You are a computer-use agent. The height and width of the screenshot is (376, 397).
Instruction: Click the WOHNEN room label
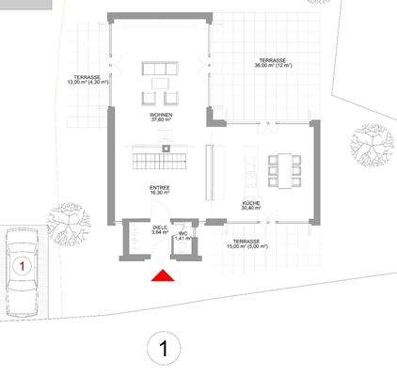pos(158,115)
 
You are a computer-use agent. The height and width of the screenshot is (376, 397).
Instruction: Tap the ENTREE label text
pos(159,188)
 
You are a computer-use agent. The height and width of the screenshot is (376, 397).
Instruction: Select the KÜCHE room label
pos(250,203)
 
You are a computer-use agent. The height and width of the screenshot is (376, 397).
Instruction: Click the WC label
pos(183,234)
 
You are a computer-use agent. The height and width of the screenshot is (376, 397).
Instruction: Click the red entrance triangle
pos(164,274)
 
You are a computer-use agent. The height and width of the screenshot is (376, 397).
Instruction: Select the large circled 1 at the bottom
pos(164,350)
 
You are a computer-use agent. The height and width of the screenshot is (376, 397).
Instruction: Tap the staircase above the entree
pos(158,160)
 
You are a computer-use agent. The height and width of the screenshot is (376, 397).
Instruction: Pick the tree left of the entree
pos(70,221)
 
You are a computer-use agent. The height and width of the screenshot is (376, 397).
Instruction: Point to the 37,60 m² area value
pos(158,121)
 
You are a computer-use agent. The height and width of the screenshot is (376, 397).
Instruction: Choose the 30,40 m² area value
pos(250,210)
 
